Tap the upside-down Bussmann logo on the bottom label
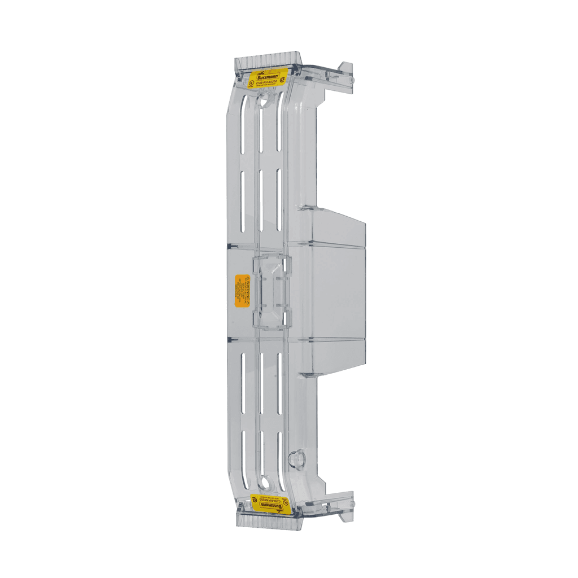[x=270, y=506]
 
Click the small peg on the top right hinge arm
[x=352, y=80]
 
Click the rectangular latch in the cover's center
[x=272, y=291]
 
